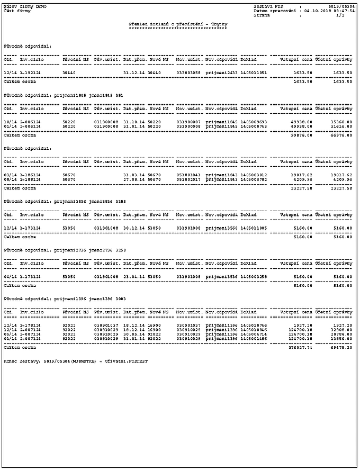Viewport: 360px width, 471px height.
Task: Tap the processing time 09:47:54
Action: [x=345, y=11]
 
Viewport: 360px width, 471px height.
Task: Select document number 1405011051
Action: [x=254, y=72]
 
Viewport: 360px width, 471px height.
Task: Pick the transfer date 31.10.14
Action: [x=134, y=121]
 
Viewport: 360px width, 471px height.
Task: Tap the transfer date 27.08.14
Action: [x=134, y=179]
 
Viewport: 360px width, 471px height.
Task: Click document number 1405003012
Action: [x=254, y=175]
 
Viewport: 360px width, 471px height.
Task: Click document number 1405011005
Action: [x=254, y=228]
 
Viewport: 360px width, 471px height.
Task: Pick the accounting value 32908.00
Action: [x=340, y=329]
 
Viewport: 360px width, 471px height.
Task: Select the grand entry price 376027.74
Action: [x=300, y=348]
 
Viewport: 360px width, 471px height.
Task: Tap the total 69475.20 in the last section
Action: [x=340, y=348]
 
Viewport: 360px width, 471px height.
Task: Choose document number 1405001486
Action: [x=254, y=338]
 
